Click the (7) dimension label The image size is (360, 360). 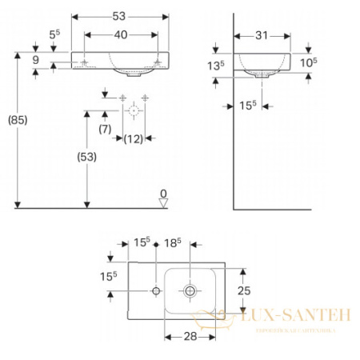105,129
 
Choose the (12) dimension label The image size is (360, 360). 134,139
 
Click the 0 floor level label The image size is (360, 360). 163,194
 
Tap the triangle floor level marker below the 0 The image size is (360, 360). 163,203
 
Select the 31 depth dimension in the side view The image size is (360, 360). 262,35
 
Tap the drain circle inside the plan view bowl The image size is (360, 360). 190,291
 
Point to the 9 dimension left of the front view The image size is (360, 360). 36,59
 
